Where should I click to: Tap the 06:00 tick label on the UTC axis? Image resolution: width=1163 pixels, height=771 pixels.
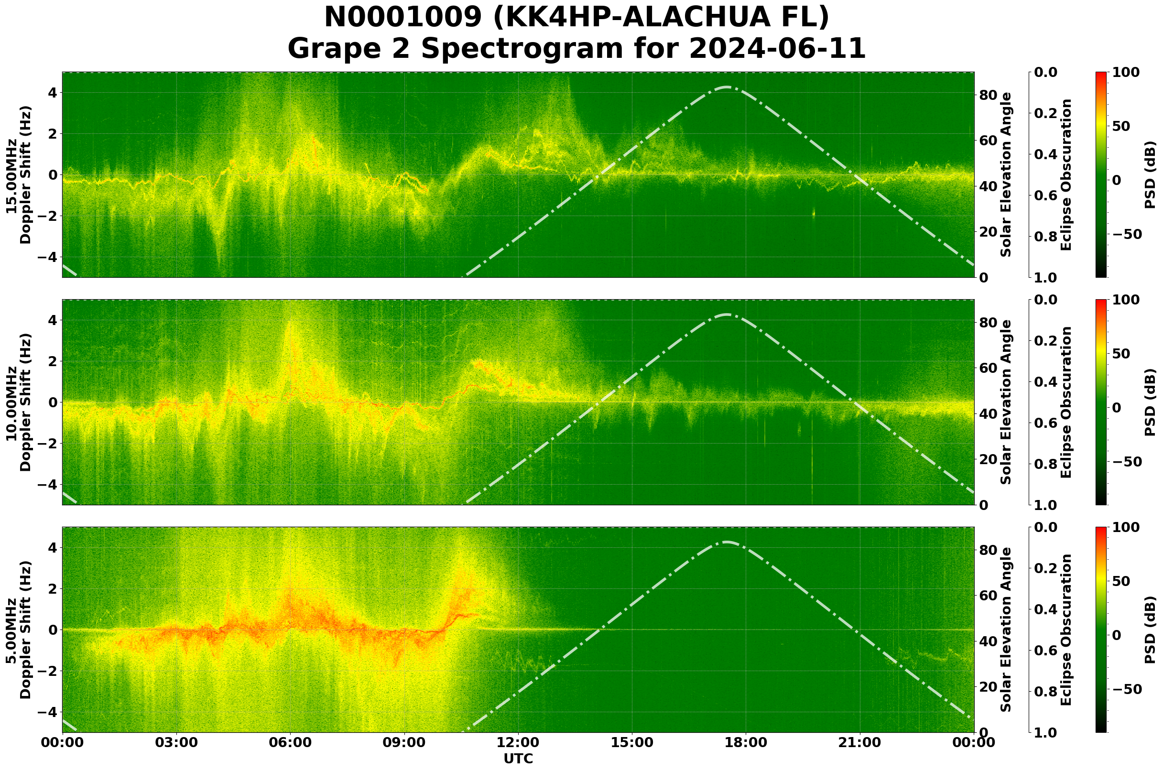(290, 743)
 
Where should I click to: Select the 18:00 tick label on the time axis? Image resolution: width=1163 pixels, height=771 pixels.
(746, 743)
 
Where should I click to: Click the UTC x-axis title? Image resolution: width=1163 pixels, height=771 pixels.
(518, 759)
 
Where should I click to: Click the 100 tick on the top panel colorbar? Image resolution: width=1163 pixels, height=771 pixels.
(1126, 73)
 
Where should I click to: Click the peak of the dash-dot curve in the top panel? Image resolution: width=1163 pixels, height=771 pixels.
(727, 87)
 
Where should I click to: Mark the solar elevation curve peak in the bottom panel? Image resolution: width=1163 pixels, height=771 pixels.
(727, 543)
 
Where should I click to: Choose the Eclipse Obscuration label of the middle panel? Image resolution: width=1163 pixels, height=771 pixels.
(1065, 402)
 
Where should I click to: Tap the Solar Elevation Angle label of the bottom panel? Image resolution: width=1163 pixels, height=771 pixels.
(1006, 630)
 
